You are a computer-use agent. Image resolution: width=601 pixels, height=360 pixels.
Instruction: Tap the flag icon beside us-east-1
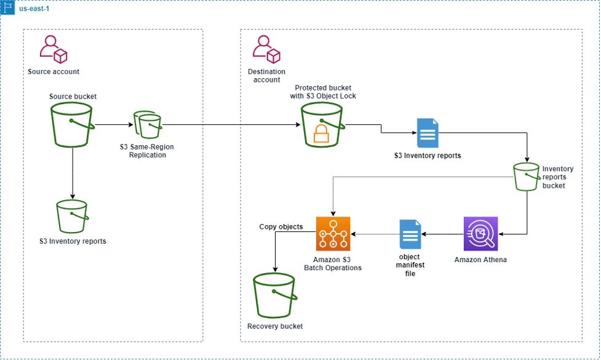(x=8, y=8)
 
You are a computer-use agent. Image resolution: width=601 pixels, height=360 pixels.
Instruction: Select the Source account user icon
(x=53, y=50)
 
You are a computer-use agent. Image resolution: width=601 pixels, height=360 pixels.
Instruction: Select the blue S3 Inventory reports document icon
(x=428, y=133)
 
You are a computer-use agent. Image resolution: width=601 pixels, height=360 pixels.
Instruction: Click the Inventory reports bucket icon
(x=527, y=177)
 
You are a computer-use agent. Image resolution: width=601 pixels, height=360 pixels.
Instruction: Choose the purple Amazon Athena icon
(x=480, y=234)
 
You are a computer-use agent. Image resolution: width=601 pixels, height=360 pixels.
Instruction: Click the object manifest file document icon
(x=410, y=234)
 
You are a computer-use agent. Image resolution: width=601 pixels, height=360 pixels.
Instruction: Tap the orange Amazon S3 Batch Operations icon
(x=333, y=234)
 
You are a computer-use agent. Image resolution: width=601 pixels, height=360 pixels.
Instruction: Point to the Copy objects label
(x=281, y=226)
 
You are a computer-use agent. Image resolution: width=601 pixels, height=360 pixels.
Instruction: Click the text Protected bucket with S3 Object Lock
(x=323, y=92)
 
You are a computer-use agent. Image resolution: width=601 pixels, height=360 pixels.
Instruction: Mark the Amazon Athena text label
(x=480, y=260)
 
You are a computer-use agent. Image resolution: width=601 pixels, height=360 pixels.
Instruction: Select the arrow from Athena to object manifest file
(x=442, y=234)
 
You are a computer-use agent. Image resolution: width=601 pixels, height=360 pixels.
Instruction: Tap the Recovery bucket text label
(x=275, y=326)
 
